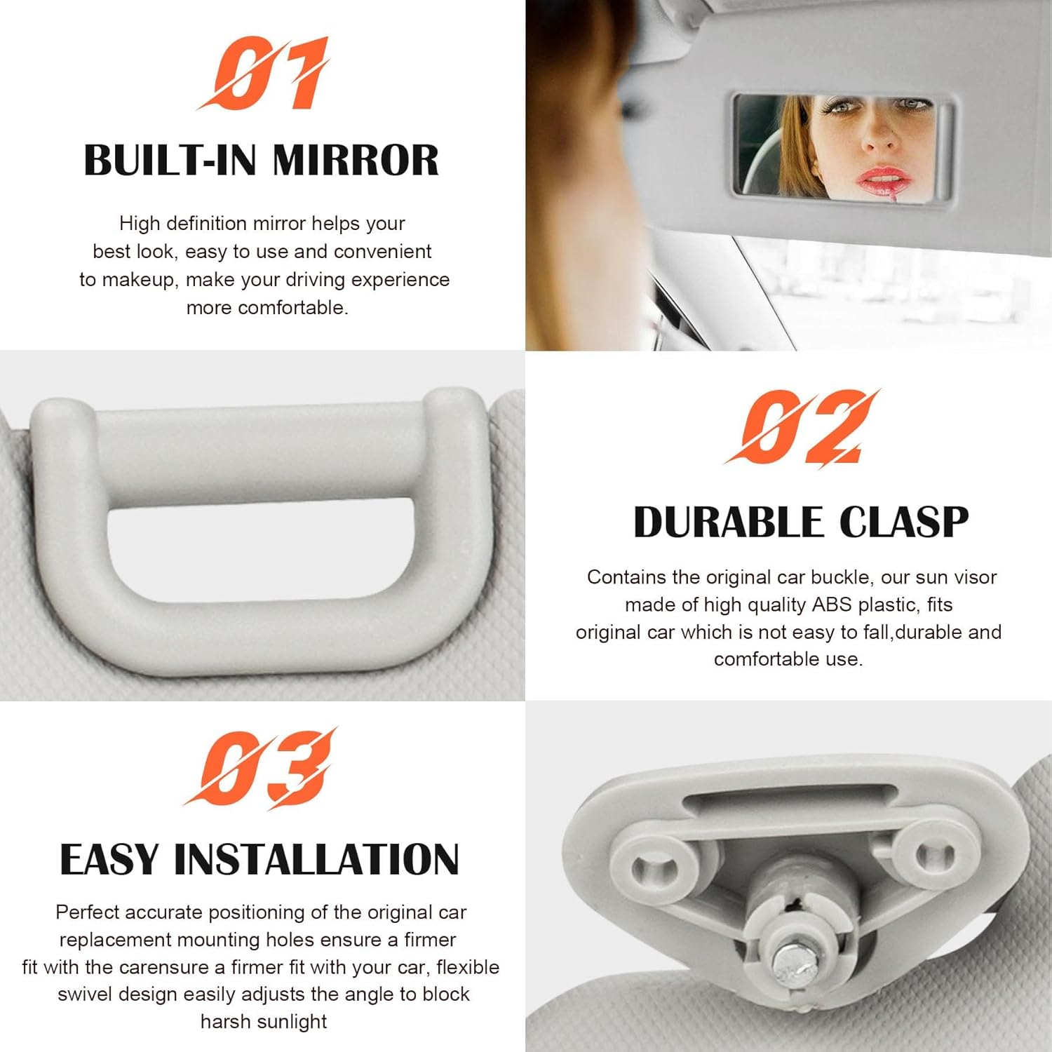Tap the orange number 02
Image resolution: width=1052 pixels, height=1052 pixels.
tap(802, 426)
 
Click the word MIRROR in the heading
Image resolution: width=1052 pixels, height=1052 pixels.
tap(356, 160)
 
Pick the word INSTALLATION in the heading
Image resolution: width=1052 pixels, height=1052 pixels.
tap(316, 860)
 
